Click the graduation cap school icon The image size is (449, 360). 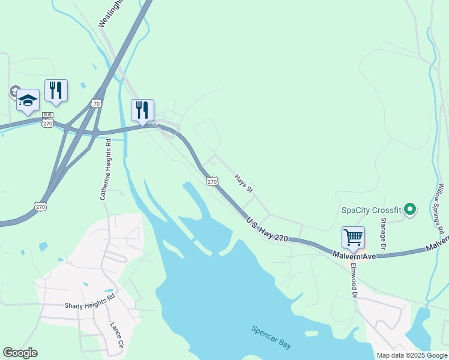pyautogui.click(x=28, y=100)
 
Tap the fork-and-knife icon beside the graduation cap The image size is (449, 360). pyautogui.click(x=56, y=91)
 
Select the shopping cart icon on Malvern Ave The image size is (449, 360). pyautogui.click(x=353, y=237)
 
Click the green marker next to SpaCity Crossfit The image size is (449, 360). pyautogui.click(x=410, y=209)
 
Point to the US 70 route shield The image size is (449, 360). pyautogui.click(x=97, y=104)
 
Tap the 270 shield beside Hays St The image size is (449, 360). pyautogui.click(x=212, y=181)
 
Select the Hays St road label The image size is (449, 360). pyautogui.click(x=244, y=184)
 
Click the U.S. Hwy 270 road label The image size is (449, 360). pyautogui.click(x=267, y=230)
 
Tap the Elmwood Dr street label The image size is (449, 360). pyautogui.click(x=354, y=281)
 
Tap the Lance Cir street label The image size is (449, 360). pyautogui.click(x=116, y=337)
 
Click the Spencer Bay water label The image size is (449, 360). pyautogui.click(x=271, y=337)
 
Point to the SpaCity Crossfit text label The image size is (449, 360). pyautogui.click(x=371, y=210)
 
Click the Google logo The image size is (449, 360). pyautogui.click(x=20, y=353)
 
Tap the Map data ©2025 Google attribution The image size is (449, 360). pyautogui.click(x=412, y=355)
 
